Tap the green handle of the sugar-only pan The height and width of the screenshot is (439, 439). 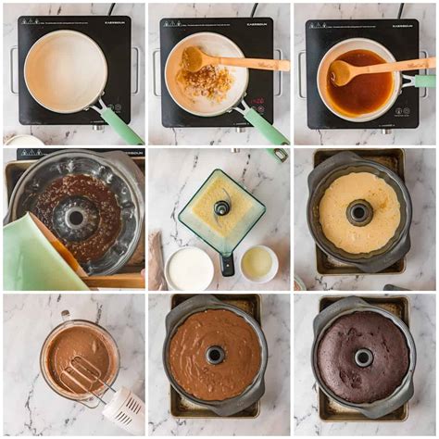tap(122, 125)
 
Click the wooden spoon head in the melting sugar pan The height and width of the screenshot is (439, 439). tap(193, 59)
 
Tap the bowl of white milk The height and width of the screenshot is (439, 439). tap(190, 269)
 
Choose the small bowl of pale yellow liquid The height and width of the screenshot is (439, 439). tap(257, 263)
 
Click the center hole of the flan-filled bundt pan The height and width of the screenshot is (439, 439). tap(359, 212)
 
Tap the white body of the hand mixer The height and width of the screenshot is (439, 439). tap(124, 408)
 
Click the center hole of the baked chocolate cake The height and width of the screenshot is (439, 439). tap(363, 357)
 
